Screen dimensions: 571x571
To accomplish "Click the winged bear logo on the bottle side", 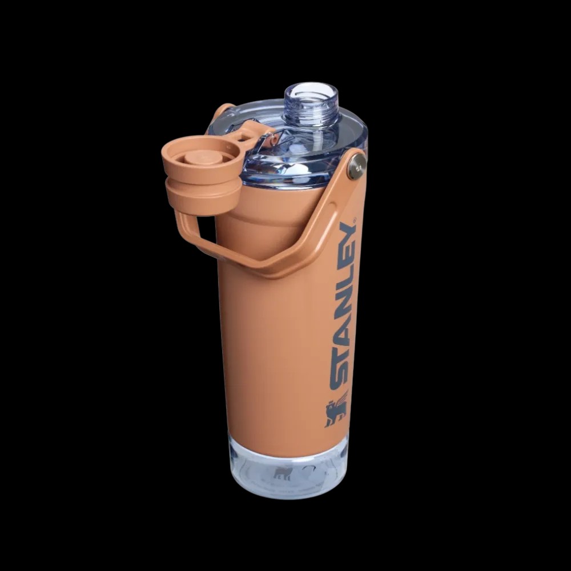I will [x=336, y=408].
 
